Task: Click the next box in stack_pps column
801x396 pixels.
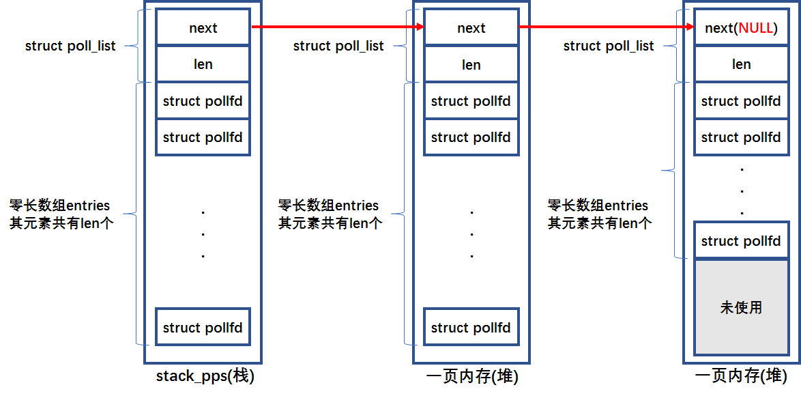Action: click(203, 28)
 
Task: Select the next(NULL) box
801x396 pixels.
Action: click(740, 28)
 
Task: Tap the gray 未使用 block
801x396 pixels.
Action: click(740, 307)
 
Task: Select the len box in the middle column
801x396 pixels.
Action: click(471, 65)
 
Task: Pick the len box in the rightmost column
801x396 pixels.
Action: click(740, 65)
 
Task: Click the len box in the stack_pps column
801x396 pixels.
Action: click(203, 65)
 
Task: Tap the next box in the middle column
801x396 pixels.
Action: click(471, 28)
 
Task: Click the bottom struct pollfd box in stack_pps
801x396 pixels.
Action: click(203, 328)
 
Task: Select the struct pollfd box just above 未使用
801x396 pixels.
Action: click(740, 240)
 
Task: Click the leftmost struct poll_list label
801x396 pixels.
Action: click(70, 46)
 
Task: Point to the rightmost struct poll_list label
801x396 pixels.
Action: click(609, 46)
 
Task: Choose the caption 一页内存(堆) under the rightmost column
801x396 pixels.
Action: click(742, 377)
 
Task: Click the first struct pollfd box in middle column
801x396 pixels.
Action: click(471, 101)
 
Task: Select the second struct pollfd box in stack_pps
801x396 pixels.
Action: click(203, 137)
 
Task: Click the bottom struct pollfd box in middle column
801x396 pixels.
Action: click(471, 328)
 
